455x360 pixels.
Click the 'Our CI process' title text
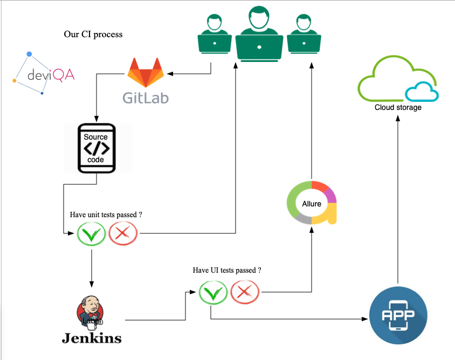coord(93,34)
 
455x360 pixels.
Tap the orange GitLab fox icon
coord(145,72)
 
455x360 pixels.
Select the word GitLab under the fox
coord(145,98)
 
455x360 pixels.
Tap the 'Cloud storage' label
coord(398,107)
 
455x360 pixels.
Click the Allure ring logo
coord(312,203)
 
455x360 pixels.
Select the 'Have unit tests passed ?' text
coord(106,214)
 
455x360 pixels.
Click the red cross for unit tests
coord(123,234)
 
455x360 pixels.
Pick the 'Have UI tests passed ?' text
coord(227,270)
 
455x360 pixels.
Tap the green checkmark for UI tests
coord(213,293)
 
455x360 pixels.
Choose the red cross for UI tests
coord(245,293)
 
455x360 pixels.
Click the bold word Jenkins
coord(92,338)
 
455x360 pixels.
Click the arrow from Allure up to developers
coord(311,119)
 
